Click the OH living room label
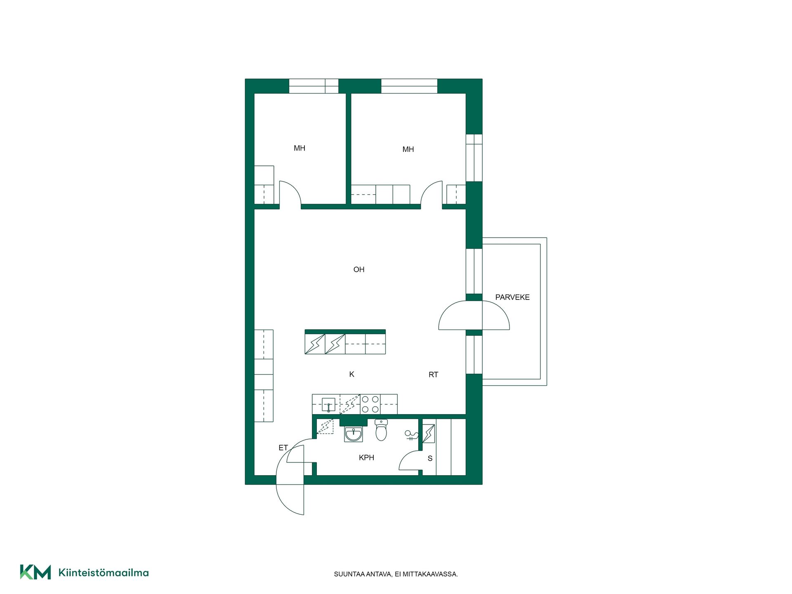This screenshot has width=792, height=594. click(359, 270)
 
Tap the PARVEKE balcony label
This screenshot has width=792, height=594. click(512, 297)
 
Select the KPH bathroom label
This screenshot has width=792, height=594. click(366, 457)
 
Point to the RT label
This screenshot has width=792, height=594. click(433, 375)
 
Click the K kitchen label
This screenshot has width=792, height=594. click(352, 374)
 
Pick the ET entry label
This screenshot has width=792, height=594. click(283, 448)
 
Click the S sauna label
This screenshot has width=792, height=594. click(430, 458)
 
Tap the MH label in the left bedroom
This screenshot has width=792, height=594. click(299, 148)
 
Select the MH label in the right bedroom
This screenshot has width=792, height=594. click(408, 149)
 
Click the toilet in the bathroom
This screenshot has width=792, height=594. click(381, 430)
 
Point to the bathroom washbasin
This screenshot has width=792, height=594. click(354, 434)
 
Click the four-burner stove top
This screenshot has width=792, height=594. click(370, 404)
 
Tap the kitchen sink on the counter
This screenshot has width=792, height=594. click(328, 405)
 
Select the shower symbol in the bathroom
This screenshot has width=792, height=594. click(411, 435)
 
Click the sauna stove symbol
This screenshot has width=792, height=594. click(429, 434)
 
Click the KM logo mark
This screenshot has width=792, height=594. click(35, 572)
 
